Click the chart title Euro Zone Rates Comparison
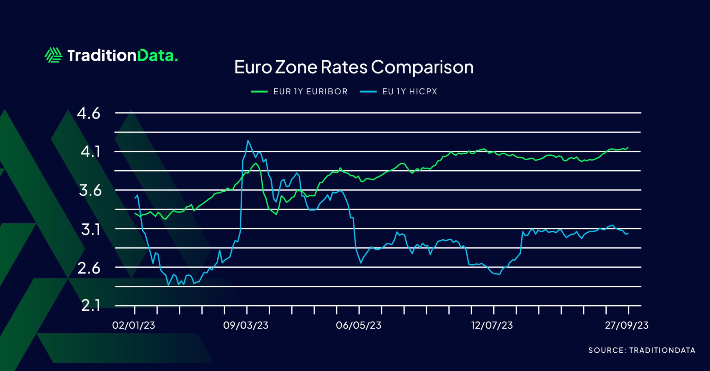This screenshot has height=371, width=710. pyautogui.click(x=354, y=67)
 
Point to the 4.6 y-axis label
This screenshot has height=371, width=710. pyautogui.click(x=89, y=113)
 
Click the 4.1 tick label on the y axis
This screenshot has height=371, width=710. pyautogui.click(x=90, y=152)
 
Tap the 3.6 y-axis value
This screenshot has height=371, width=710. pyautogui.click(x=90, y=190)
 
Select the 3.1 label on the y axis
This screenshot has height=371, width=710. pyautogui.click(x=91, y=229)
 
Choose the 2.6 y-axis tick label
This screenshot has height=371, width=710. pyautogui.click(x=89, y=268)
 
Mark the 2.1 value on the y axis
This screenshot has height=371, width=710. pyautogui.click(x=90, y=306)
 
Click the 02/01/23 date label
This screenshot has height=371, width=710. pyautogui.click(x=133, y=325)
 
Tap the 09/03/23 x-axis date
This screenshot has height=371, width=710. pyautogui.click(x=245, y=325)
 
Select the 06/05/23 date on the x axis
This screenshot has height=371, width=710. pyautogui.click(x=358, y=325)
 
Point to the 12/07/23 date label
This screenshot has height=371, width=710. pyautogui.click(x=492, y=325)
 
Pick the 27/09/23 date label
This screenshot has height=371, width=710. pyautogui.click(x=627, y=325)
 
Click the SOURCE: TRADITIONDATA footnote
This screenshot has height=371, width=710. pyautogui.click(x=642, y=350)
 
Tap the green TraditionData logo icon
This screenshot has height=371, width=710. pyautogui.click(x=53, y=55)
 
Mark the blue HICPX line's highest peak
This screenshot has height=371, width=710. pyautogui.click(x=248, y=140)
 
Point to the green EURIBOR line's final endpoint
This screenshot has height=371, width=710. pyautogui.click(x=628, y=147)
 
